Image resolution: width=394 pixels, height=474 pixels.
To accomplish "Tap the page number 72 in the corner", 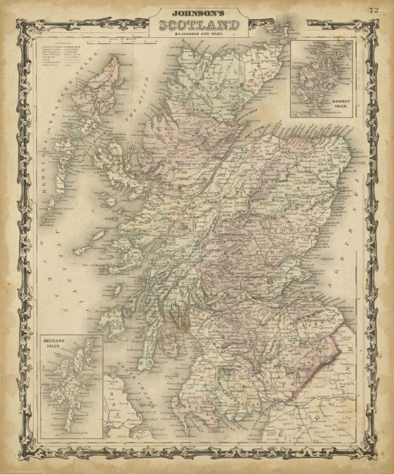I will pos(375,9).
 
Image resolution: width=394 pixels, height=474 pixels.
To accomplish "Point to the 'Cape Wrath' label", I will pos(176,47).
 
